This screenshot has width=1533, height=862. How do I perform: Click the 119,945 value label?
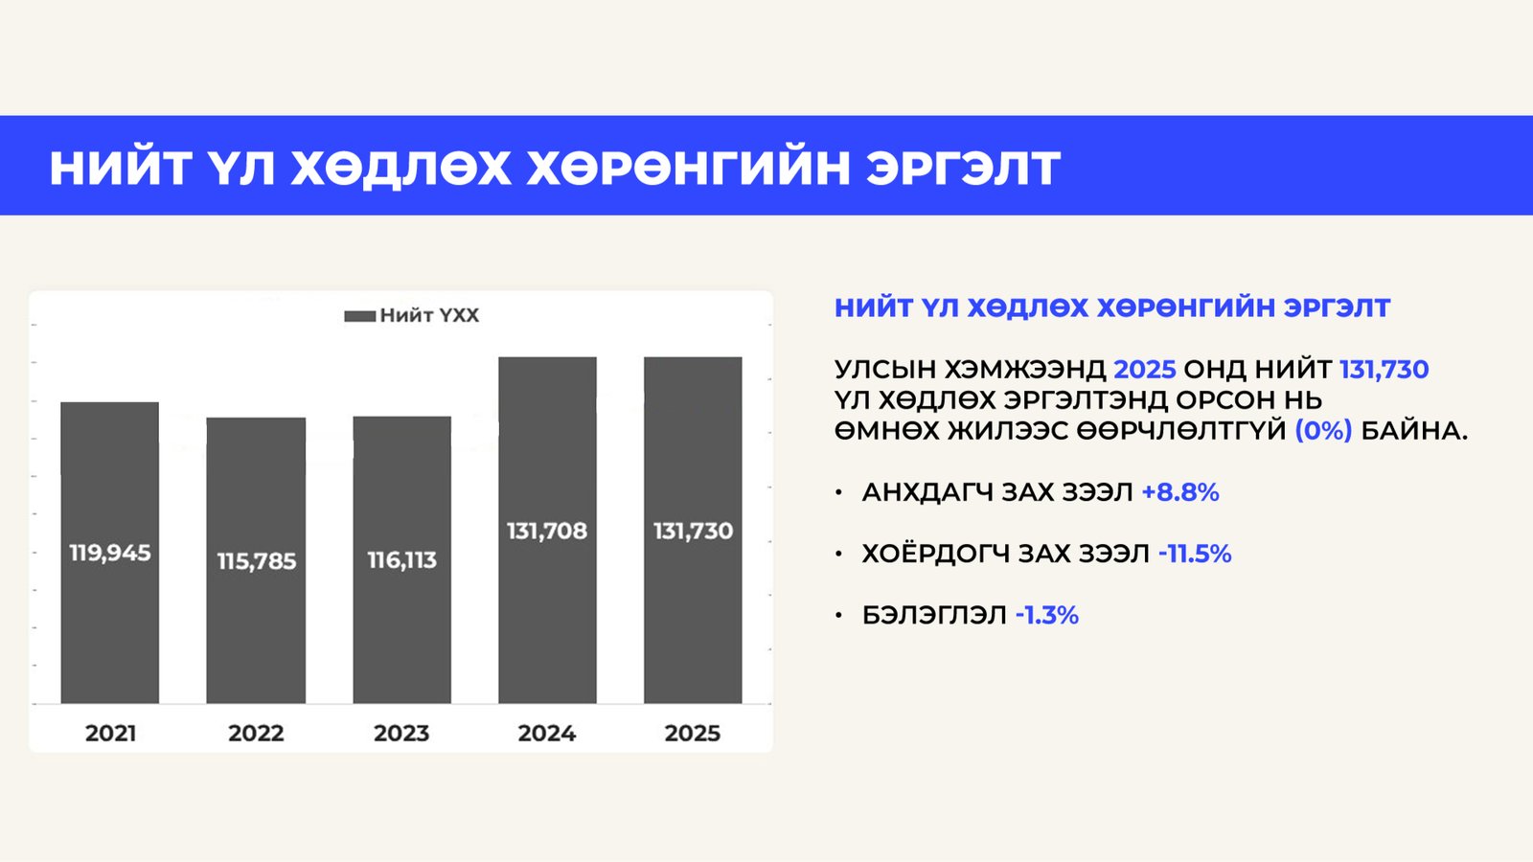tap(109, 553)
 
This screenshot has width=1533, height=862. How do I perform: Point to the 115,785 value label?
tap(256, 561)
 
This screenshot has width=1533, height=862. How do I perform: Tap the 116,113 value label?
tap(401, 560)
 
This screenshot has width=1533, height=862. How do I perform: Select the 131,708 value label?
tap(547, 531)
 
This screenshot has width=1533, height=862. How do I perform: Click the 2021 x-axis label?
tap(110, 734)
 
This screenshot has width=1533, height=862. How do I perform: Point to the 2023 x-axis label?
tap(401, 734)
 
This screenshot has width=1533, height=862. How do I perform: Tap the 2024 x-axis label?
tap(547, 734)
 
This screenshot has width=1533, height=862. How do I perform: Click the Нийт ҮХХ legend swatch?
tap(359, 316)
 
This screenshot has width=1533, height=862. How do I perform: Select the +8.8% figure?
tap(1179, 492)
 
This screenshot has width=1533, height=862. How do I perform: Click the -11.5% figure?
tap(1194, 554)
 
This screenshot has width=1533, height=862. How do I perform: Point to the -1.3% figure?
tap(1046, 615)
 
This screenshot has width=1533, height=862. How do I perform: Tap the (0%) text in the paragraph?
tap(1323, 431)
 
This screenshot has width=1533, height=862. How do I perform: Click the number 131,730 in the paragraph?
tap(1384, 370)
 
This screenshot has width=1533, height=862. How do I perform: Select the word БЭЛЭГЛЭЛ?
tap(934, 615)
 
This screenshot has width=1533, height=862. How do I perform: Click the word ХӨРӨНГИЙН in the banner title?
tap(688, 168)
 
